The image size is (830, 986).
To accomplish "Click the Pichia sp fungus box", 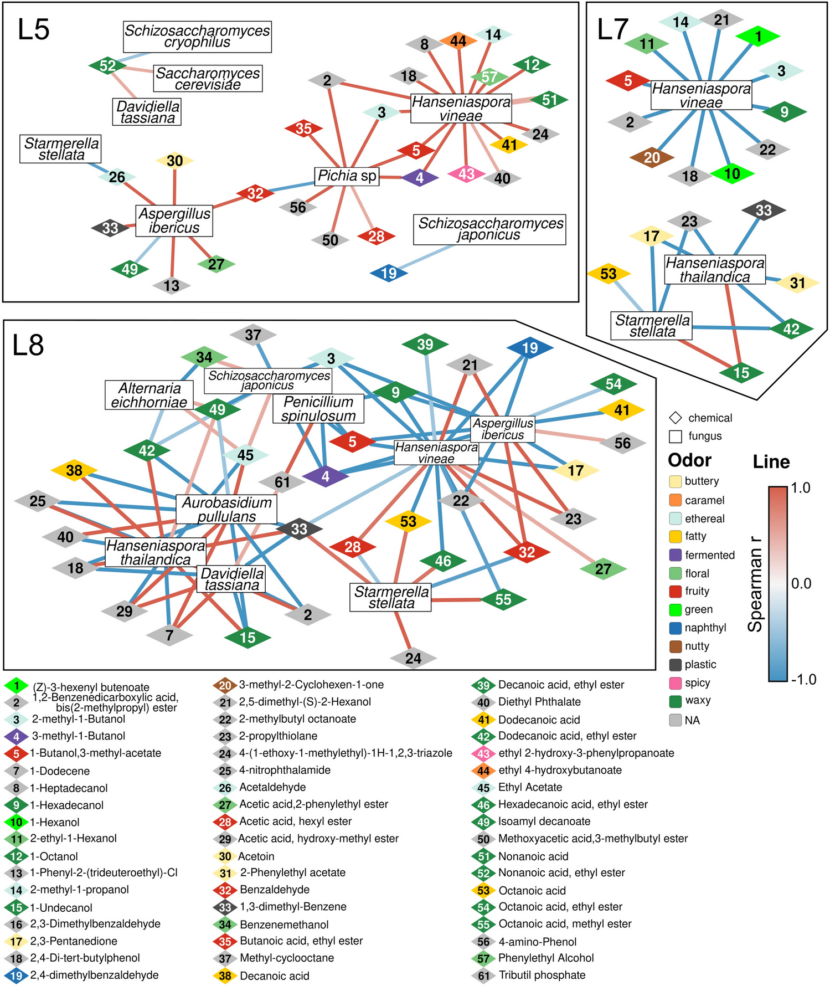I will coord(347,176).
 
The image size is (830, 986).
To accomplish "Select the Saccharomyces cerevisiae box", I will coord(208,79).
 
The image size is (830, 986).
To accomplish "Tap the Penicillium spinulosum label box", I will coord(318,409).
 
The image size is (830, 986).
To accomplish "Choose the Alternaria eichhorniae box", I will coord(149,395).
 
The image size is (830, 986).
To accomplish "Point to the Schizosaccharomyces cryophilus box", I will coord(197,37).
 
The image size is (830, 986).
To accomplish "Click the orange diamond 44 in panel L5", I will coord(458,41).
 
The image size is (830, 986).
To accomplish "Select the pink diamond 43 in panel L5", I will coord(466,174).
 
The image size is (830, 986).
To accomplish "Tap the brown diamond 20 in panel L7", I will coord(652,158).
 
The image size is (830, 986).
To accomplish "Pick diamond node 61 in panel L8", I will coord(282,482).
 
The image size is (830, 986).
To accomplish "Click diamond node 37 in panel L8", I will coord(253,335).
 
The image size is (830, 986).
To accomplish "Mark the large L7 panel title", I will coord(613,30).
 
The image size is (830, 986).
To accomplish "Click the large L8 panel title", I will coord(28,345).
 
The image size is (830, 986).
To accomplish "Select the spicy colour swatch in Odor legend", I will coord(675,683).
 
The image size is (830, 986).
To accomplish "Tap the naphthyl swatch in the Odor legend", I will coord(675,628).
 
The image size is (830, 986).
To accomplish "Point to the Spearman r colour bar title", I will coord(755,583).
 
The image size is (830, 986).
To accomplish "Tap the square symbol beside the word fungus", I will coord(675,436).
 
